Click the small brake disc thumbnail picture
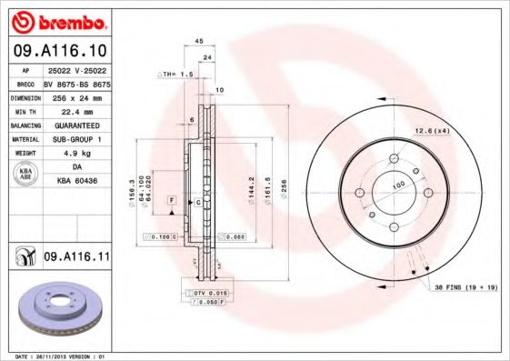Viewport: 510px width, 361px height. [x=57, y=306]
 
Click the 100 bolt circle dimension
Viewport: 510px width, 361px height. [x=397, y=185]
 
